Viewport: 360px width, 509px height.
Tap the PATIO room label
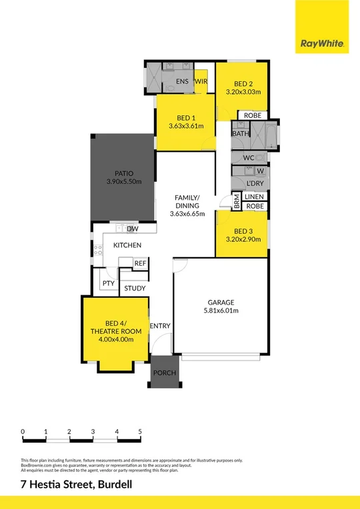121,173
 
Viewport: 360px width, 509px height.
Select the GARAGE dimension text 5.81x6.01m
221,310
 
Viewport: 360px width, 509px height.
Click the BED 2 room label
241,84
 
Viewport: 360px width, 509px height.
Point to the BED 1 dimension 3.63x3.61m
186,126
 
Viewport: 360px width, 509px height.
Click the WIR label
201,81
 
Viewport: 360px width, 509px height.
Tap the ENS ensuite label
182,81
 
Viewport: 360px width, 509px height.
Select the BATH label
240,134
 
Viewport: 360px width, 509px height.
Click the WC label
249,158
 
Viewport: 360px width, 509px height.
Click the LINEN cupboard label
255,197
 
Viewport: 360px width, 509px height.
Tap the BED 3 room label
241,230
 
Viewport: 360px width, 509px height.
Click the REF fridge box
140,264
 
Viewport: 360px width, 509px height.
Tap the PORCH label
165,372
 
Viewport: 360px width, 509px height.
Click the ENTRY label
160,326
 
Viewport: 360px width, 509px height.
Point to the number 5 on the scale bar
140,432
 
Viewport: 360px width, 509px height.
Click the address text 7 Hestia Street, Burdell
77,485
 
